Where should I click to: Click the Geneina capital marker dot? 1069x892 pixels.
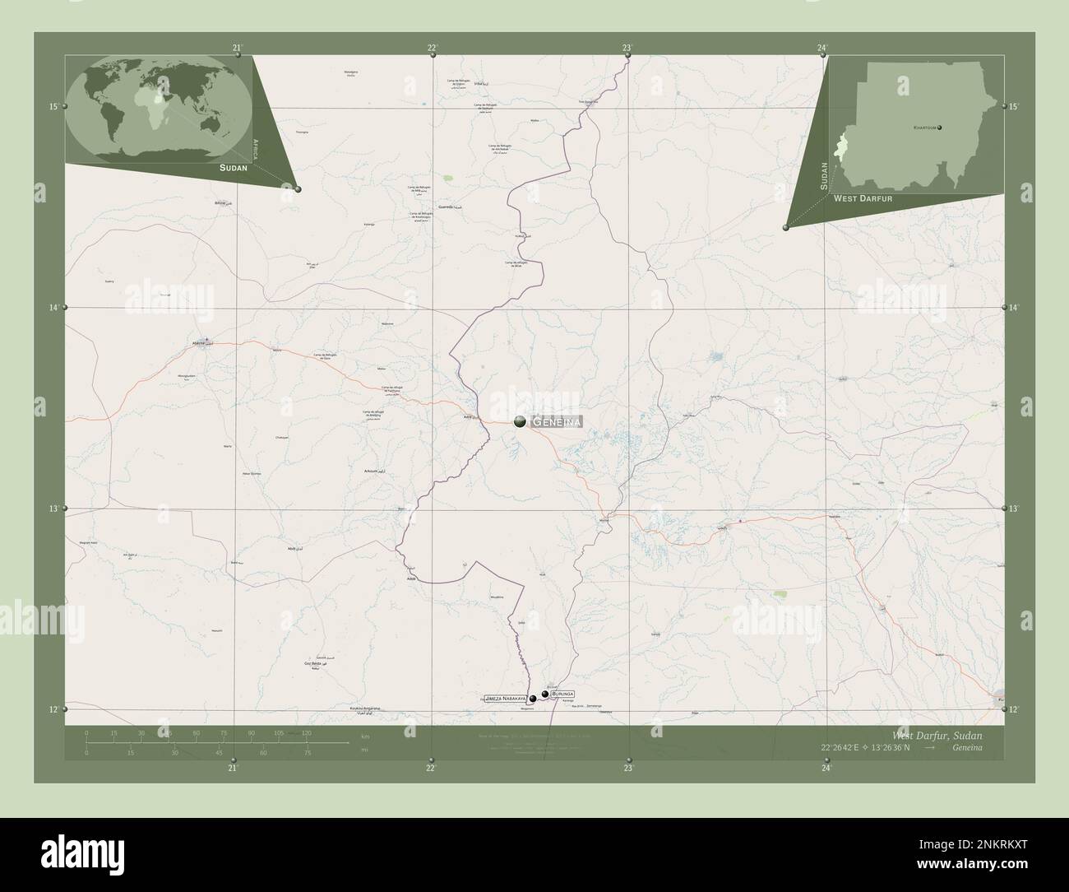coord(520,421)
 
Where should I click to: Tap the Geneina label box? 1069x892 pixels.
coord(558,422)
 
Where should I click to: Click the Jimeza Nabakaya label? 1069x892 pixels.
coord(505,698)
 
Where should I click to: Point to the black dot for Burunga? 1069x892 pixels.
coord(544,695)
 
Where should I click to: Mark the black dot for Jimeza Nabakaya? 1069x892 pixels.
coord(533,699)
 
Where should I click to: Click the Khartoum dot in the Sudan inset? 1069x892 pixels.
coord(939,128)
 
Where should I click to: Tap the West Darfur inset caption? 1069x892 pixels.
coord(863,199)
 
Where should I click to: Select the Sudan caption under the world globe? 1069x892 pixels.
coord(234,167)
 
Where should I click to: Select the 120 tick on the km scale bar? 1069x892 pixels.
coord(306,732)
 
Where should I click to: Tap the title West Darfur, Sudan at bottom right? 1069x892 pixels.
coord(936,734)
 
